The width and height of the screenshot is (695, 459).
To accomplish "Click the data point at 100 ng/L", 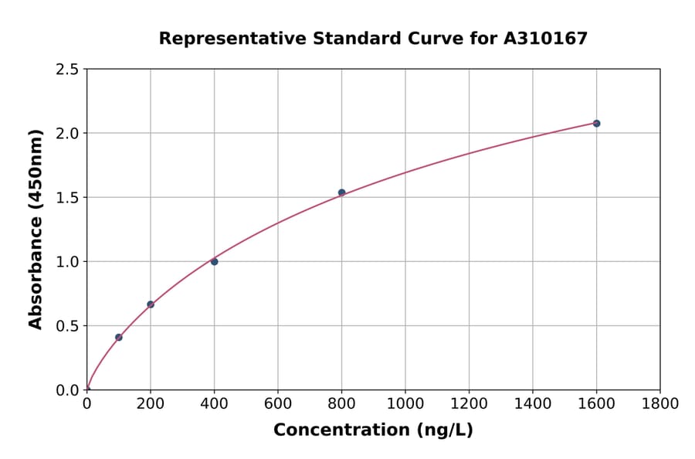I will tap(118, 337).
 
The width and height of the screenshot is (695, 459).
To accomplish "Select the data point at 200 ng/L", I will tap(151, 304).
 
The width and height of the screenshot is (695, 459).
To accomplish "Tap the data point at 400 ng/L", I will tap(214, 261).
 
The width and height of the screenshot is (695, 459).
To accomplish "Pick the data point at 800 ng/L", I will tap(341, 192).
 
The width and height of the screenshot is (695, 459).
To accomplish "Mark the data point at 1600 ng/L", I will tap(596, 124).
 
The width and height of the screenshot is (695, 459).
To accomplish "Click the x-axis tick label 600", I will tap(278, 403).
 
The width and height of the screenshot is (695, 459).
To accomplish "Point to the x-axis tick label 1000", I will tap(405, 403).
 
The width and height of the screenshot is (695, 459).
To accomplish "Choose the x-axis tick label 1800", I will tap(660, 403).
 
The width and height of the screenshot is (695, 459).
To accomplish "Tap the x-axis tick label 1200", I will tap(469, 403).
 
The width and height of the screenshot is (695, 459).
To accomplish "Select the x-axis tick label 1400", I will tap(533, 403).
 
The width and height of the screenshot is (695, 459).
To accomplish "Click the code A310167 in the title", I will tap(545, 39).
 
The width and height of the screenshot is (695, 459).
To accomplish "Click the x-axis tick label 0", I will tap(86, 403).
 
